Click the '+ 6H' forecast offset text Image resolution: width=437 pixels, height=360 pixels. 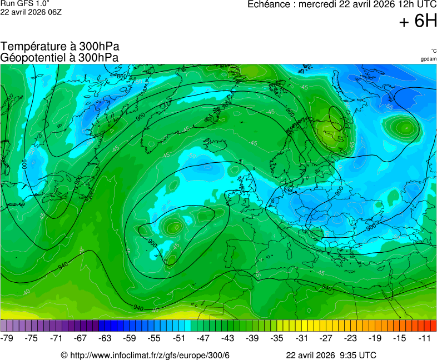[x=418, y=21]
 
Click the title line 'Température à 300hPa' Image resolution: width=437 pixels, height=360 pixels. [x=60, y=47]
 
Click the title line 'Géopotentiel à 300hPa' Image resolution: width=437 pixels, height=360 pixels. [x=59, y=57]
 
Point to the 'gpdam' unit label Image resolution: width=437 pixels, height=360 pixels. [x=428, y=59]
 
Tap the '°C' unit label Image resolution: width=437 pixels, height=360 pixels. [x=433, y=51]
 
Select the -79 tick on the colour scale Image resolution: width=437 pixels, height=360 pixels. [x=7, y=338]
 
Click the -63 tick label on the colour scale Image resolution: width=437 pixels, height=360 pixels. [x=105, y=338]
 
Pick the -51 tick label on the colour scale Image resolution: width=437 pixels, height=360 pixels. [x=179, y=338]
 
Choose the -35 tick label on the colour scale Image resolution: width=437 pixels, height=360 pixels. [x=277, y=338]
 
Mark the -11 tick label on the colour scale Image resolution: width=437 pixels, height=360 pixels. [x=425, y=338]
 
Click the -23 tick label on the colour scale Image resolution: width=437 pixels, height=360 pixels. [x=351, y=338]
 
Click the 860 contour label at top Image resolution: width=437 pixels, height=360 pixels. [x=122, y=76]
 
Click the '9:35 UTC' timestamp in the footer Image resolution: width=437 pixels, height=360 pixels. [x=357, y=356]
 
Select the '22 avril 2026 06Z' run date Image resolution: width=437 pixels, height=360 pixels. [x=31, y=11]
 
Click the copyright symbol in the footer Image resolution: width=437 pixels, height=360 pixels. [x=64, y=356]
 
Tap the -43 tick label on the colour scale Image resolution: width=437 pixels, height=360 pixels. [x=228, y=338]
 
